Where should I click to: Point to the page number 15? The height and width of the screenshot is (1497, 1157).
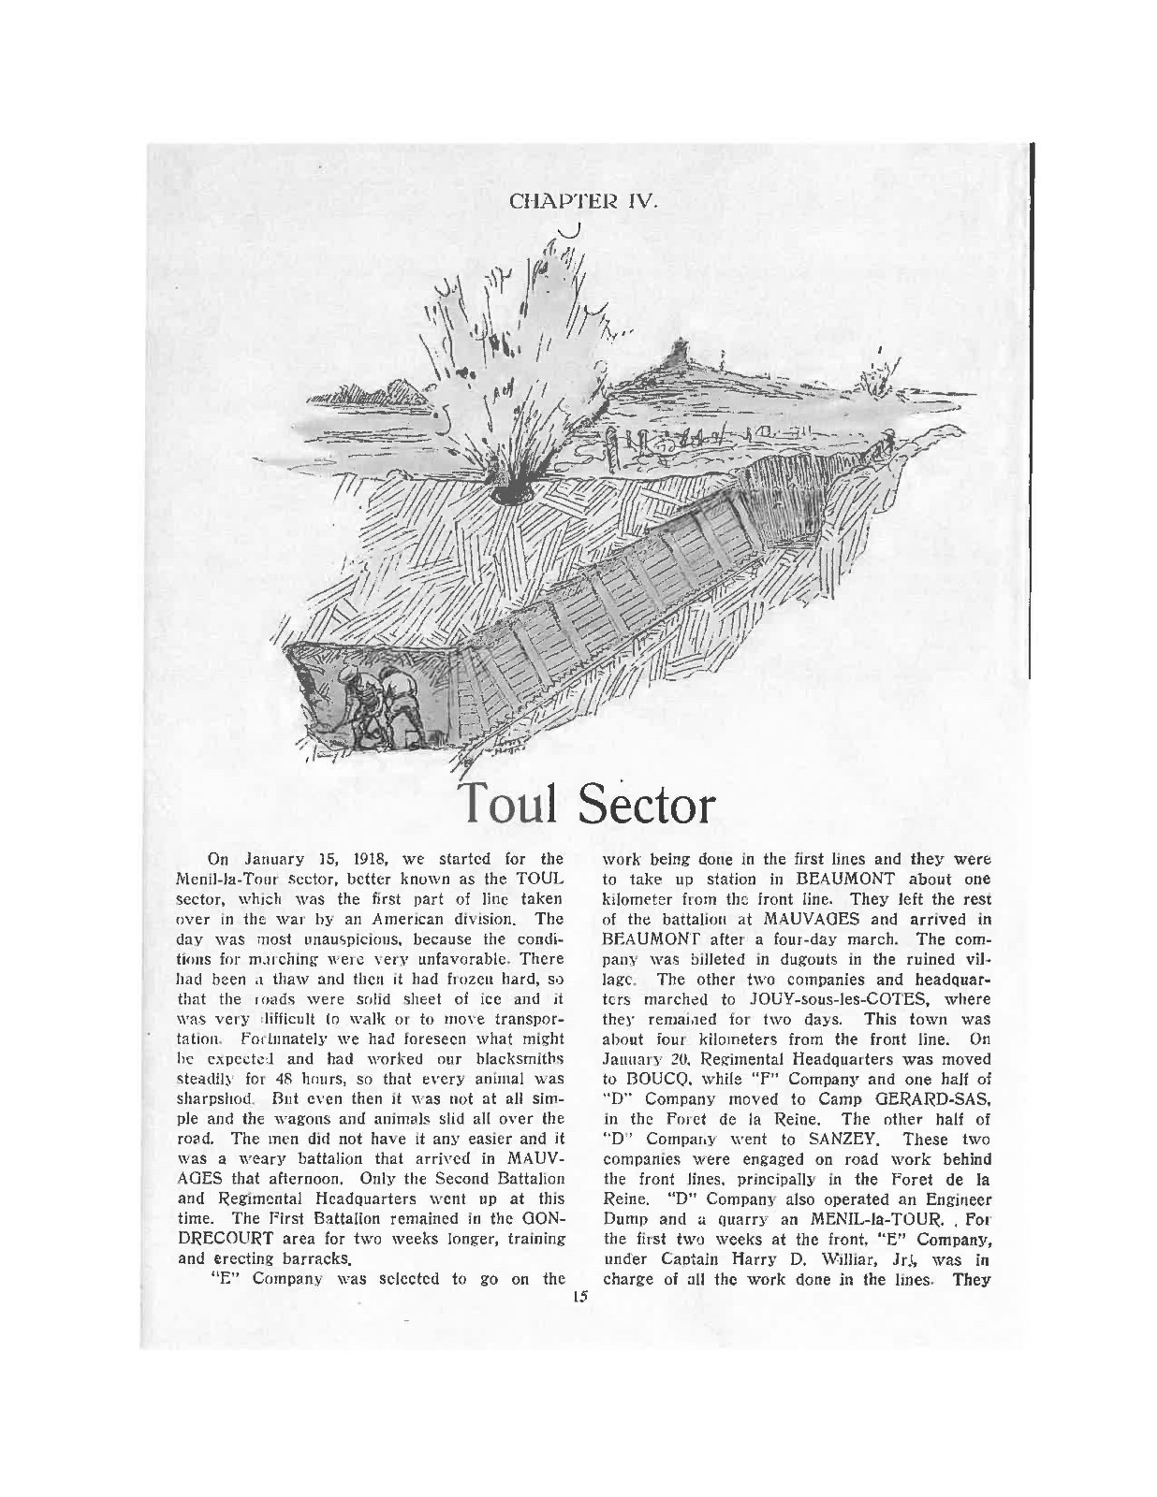(x=579, y=1297)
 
